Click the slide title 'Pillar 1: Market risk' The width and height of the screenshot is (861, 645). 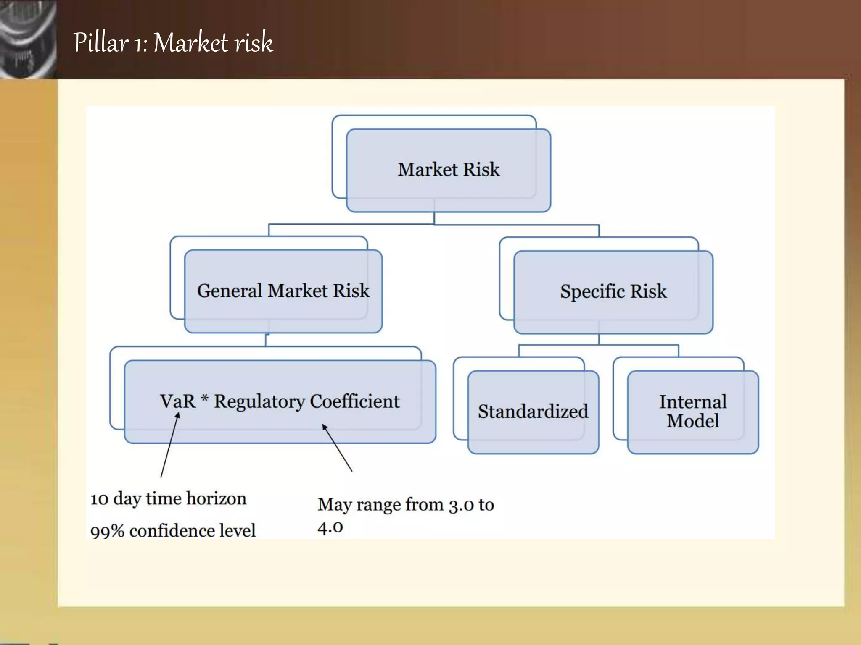[x=173, y=43]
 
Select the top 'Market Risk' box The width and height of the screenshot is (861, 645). [x=449, y=170]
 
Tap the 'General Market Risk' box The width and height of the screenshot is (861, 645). [x=283, y=291]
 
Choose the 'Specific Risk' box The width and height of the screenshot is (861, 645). [x=613, y=291]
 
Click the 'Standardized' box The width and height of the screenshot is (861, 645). [x=533, y=412]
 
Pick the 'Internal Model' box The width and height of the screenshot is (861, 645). [x=692, y=412]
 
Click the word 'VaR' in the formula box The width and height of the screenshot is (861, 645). [x=178, y=401]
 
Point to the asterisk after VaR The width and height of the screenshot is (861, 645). [x=205, y=398]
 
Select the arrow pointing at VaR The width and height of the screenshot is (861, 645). [x=169, y=445]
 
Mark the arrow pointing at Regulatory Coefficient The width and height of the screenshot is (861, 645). [x=337, y=448]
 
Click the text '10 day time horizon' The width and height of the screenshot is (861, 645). [x=168, y=499]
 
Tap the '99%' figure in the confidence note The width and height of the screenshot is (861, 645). [x=107, y=531]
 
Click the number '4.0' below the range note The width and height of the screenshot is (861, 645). [x=330, y=527]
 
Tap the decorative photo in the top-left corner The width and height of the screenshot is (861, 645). [x=28, y=39]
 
